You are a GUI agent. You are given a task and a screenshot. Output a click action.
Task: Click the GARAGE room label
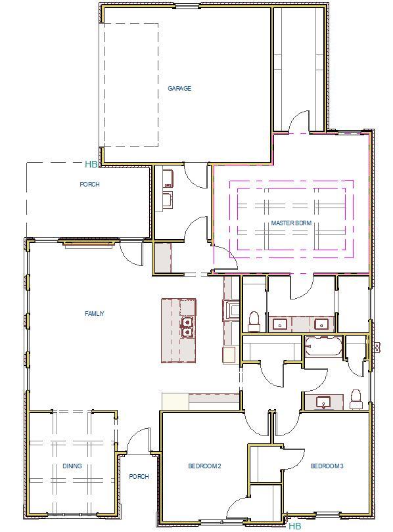179,89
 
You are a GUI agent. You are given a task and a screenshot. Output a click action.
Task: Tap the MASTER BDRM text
291,223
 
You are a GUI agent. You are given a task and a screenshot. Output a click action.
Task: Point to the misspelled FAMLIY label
95,314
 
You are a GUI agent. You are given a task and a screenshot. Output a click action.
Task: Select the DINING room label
72,466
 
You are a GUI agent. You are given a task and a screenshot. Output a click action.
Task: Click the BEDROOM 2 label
204,466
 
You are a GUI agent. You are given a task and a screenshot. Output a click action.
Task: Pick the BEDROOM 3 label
327,466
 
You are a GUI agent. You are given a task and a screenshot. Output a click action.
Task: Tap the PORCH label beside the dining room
139,477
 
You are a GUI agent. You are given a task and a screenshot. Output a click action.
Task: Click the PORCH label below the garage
90,185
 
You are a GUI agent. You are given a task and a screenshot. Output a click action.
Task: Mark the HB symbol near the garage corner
91,164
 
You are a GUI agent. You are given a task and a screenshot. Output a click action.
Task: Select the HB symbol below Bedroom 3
295,525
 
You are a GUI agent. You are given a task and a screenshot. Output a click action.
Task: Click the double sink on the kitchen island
187,327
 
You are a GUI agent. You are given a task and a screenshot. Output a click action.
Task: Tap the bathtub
323,346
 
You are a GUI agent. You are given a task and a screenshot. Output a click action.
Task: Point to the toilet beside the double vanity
254,321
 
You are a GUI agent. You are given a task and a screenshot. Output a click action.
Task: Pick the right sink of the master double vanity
321,324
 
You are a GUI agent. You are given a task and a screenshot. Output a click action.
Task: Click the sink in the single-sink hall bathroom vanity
323,402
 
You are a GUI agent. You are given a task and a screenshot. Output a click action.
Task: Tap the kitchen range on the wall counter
232,309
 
